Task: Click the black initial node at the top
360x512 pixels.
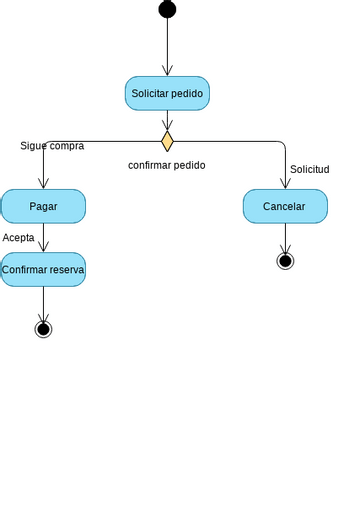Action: coord(167,9)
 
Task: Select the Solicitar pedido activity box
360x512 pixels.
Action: coord(167,93)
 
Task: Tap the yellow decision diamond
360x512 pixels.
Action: coord(167,141)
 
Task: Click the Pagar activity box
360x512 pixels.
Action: coord(43,206)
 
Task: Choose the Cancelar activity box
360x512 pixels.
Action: coord(285,206)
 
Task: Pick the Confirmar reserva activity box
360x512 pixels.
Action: coord(43,269)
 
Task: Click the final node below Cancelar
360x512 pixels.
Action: coord(285,261)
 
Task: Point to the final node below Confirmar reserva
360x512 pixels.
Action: coord(43,328)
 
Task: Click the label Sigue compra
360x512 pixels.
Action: coord(52,146)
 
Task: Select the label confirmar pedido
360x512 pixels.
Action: coord(167,165)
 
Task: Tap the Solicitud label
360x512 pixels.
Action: coord(310,169)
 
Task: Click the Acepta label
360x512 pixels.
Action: coord(19,238)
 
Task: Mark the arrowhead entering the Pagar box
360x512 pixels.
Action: coord(43,184)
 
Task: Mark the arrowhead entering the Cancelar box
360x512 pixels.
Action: coord(285,184)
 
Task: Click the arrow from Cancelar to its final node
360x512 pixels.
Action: coord(285,238)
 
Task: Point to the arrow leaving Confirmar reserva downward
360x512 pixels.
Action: coord(43,303)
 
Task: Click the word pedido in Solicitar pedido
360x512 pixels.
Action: coord(187,93)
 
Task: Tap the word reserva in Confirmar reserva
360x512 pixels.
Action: coord(66,269)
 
